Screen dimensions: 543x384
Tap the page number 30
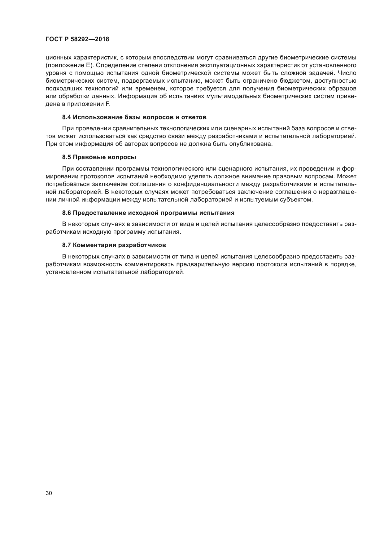click(49, 493)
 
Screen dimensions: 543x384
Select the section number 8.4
click(67, 117)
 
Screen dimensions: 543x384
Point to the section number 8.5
click(67, 157)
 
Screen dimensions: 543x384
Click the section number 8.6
click(67, 213)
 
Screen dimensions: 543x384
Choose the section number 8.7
click(67, 245)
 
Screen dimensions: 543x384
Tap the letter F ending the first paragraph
click(108, 104)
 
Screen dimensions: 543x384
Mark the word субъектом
click(297, 200)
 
